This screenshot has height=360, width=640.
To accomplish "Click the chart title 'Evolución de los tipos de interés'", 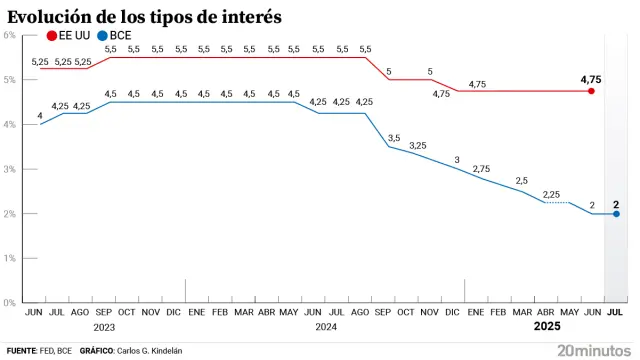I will pyautogui.click(x=144, y=17).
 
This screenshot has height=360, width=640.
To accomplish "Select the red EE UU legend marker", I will pyautogui.click(x=52, y=36).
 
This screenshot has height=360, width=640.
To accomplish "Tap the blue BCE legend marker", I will pyautogui.click(x=102, y=36).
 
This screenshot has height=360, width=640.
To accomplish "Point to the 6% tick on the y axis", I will pyautogui.click(x=8, y=35).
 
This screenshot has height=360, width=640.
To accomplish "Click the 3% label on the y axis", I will pyautogui.click(x=8, y=169).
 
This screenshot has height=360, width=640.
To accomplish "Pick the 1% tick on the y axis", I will pyautogui.click(x=8, y=258).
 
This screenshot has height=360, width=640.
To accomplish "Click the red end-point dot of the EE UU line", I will pyautogui.click(x=591, y=91).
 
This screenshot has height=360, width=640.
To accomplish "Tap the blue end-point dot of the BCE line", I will pyautogui.click(x=616, y=214).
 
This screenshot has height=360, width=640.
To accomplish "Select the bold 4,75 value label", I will pyautogui.click(x=591, y=77).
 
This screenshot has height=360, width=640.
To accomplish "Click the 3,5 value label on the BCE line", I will pyautogui.click(x=394, y=137).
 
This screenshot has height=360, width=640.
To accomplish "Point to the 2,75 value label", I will pyautogui.click(x=481, y=169).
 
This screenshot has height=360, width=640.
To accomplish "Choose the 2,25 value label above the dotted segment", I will pyautogui.click(x=552, y=193).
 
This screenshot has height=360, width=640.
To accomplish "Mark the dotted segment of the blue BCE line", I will pyautogui.click(x=564, y=203).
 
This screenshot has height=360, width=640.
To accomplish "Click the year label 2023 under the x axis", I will pyautogui.click(x=104, y=328).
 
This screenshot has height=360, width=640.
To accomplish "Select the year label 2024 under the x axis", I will pyautogui.click(x=325, y=328).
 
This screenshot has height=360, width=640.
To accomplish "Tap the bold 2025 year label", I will pyautogui.click(x=546, y=327).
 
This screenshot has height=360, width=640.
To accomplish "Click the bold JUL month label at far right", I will pyautogui.click(x=615, y=312).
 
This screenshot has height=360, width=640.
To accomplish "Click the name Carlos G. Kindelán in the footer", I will pyautogui.click(x=150, y=351).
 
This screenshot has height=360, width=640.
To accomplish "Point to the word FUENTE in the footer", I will pyautogui.click(x=21, y=351).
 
